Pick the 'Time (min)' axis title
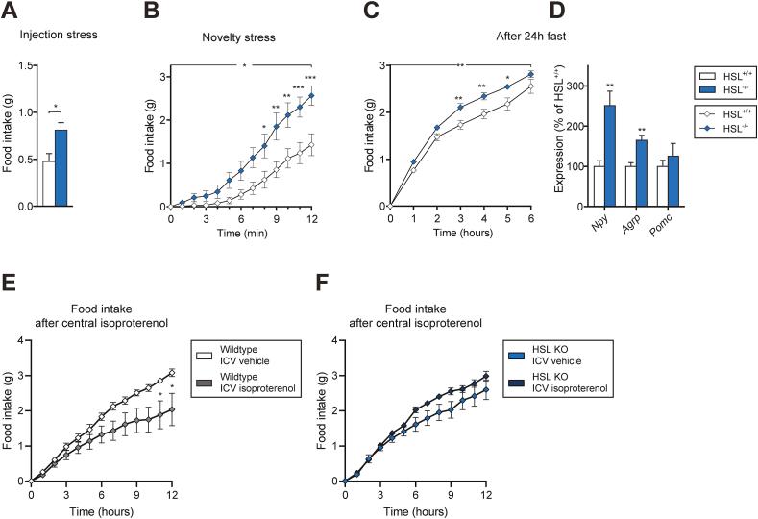pos(240,234)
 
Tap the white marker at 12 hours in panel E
pos(172,373)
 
